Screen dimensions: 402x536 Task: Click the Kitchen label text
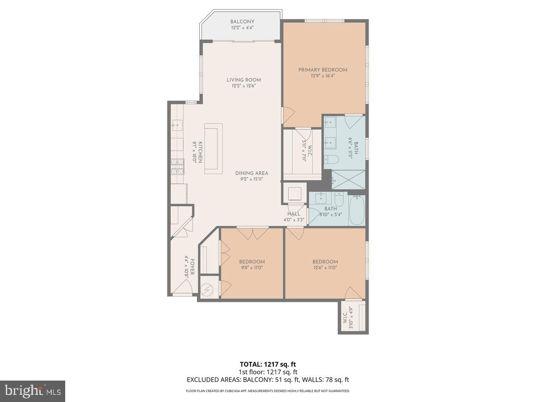201,152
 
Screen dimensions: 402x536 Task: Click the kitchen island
214,149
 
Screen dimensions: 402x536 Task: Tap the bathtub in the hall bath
357,210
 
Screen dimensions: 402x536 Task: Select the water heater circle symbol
207,289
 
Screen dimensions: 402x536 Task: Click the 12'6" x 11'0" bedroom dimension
325,268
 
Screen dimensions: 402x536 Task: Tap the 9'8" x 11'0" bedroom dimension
251,268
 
